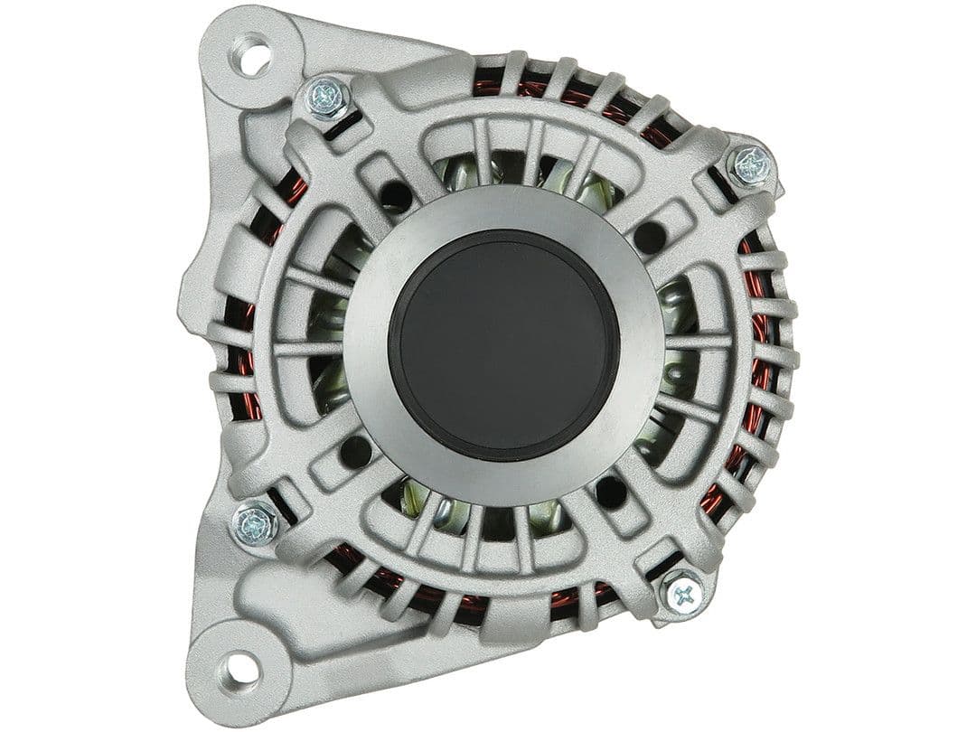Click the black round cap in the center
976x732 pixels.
pos(504,345)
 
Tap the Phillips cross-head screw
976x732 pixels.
pos(683,594)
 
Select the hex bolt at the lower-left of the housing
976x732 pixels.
pos(256,523)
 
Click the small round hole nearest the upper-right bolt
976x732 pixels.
pos(650,237)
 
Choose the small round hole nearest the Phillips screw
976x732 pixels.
pos(611,492)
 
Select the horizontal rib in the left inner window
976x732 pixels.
pos(307,348)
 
